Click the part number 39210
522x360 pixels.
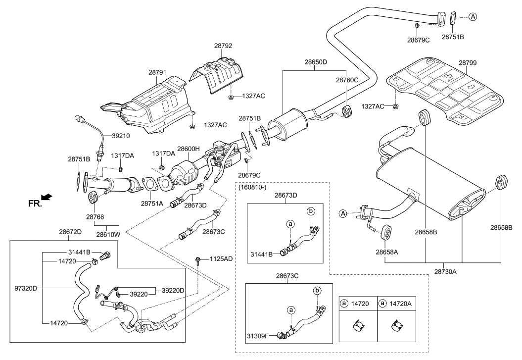coord(122,135)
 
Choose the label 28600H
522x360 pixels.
coord(188,149)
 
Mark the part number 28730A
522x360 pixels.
coord(445,271)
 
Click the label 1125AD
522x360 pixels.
coord(221,258)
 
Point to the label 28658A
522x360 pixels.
coord(386,252)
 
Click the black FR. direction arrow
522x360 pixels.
coord(46,198)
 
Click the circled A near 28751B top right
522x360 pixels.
coord(473,17)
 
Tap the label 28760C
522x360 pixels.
coord(347,79)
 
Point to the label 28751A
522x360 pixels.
coord(152,203)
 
